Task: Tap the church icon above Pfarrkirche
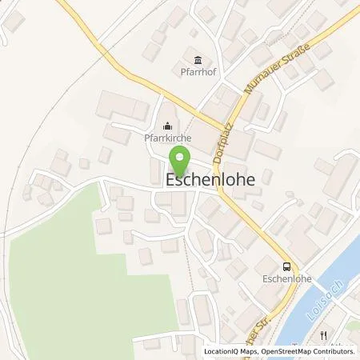168,124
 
